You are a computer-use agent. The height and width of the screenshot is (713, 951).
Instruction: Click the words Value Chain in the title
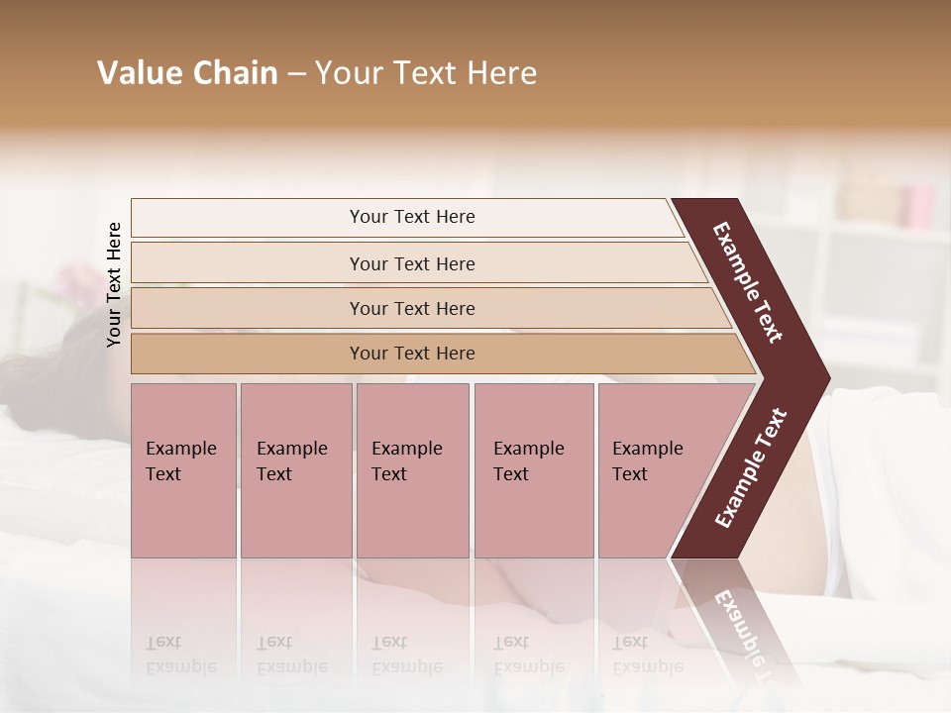point(187,73)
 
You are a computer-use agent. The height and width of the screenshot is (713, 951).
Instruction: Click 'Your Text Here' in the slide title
point(426,73)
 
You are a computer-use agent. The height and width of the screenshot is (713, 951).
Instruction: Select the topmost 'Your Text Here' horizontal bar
point(412,217)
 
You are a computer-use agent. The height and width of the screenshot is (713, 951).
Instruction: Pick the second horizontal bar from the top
point(412,263)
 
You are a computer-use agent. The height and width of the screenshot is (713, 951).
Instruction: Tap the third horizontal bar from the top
point(412,308)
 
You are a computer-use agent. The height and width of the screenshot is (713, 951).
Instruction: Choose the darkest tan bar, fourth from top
point(412,354)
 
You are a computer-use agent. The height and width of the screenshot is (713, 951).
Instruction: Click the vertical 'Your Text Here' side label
point(114,284)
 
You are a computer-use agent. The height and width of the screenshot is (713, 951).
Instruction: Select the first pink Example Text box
point(183,470)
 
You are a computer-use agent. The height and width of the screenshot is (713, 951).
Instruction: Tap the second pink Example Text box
point(295,470)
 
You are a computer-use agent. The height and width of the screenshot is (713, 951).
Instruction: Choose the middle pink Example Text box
point(412,470)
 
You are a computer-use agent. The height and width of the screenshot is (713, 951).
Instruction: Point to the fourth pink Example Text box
point(534,470)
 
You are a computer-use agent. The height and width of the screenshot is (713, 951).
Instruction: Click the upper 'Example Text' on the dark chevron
point(748,282)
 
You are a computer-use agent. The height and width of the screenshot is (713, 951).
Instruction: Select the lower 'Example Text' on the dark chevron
point(751,468)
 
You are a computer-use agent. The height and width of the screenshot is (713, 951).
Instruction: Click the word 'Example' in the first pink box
point(180,449)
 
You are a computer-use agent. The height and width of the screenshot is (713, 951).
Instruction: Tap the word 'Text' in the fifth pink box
point(629,474)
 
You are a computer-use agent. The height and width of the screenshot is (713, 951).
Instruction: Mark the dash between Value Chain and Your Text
point(296,73)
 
